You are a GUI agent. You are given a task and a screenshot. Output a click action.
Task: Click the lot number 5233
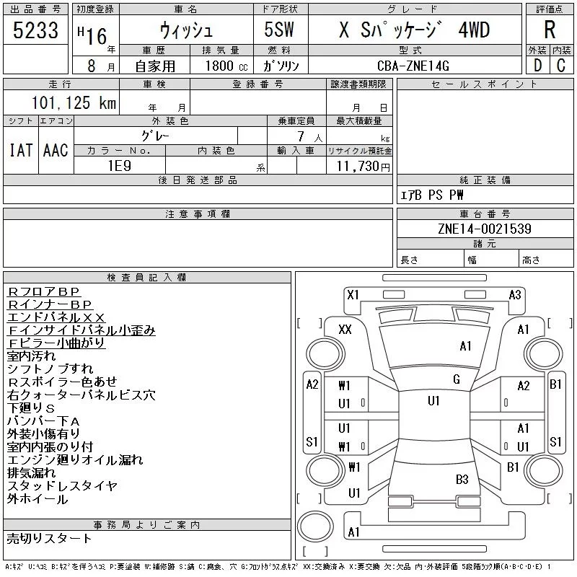[35, 30]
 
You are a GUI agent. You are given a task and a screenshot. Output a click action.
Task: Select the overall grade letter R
[550, 30]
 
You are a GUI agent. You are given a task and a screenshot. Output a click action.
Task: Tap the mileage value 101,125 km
[74, 102]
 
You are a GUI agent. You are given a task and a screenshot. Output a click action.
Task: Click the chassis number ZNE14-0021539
[485, 229]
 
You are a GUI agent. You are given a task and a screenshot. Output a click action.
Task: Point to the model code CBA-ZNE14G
[413, 66]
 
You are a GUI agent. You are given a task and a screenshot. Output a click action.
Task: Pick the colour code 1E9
[119, 166]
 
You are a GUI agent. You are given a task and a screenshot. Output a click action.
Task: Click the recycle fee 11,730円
[363, 167]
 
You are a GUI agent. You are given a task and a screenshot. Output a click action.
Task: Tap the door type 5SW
[279, 30]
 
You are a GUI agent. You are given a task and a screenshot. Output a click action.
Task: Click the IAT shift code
[21, 150]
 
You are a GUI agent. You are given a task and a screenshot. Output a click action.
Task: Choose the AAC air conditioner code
[56, 150]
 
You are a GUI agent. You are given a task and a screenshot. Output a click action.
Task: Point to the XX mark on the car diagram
[345, 329]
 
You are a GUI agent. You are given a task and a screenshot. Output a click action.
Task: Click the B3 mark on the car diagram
[462, 479]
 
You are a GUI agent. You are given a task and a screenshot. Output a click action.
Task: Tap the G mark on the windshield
[457, 379]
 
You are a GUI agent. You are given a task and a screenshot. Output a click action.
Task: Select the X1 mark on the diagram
[353, 295]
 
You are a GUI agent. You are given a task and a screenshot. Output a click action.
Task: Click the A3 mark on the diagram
[515, 295]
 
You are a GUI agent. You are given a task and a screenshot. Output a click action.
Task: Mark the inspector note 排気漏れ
[31, 472]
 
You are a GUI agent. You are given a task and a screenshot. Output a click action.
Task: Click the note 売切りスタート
[49, 538]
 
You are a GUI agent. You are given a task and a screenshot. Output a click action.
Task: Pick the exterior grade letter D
[537, 66]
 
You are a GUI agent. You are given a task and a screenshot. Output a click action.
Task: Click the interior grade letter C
[561, 66]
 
